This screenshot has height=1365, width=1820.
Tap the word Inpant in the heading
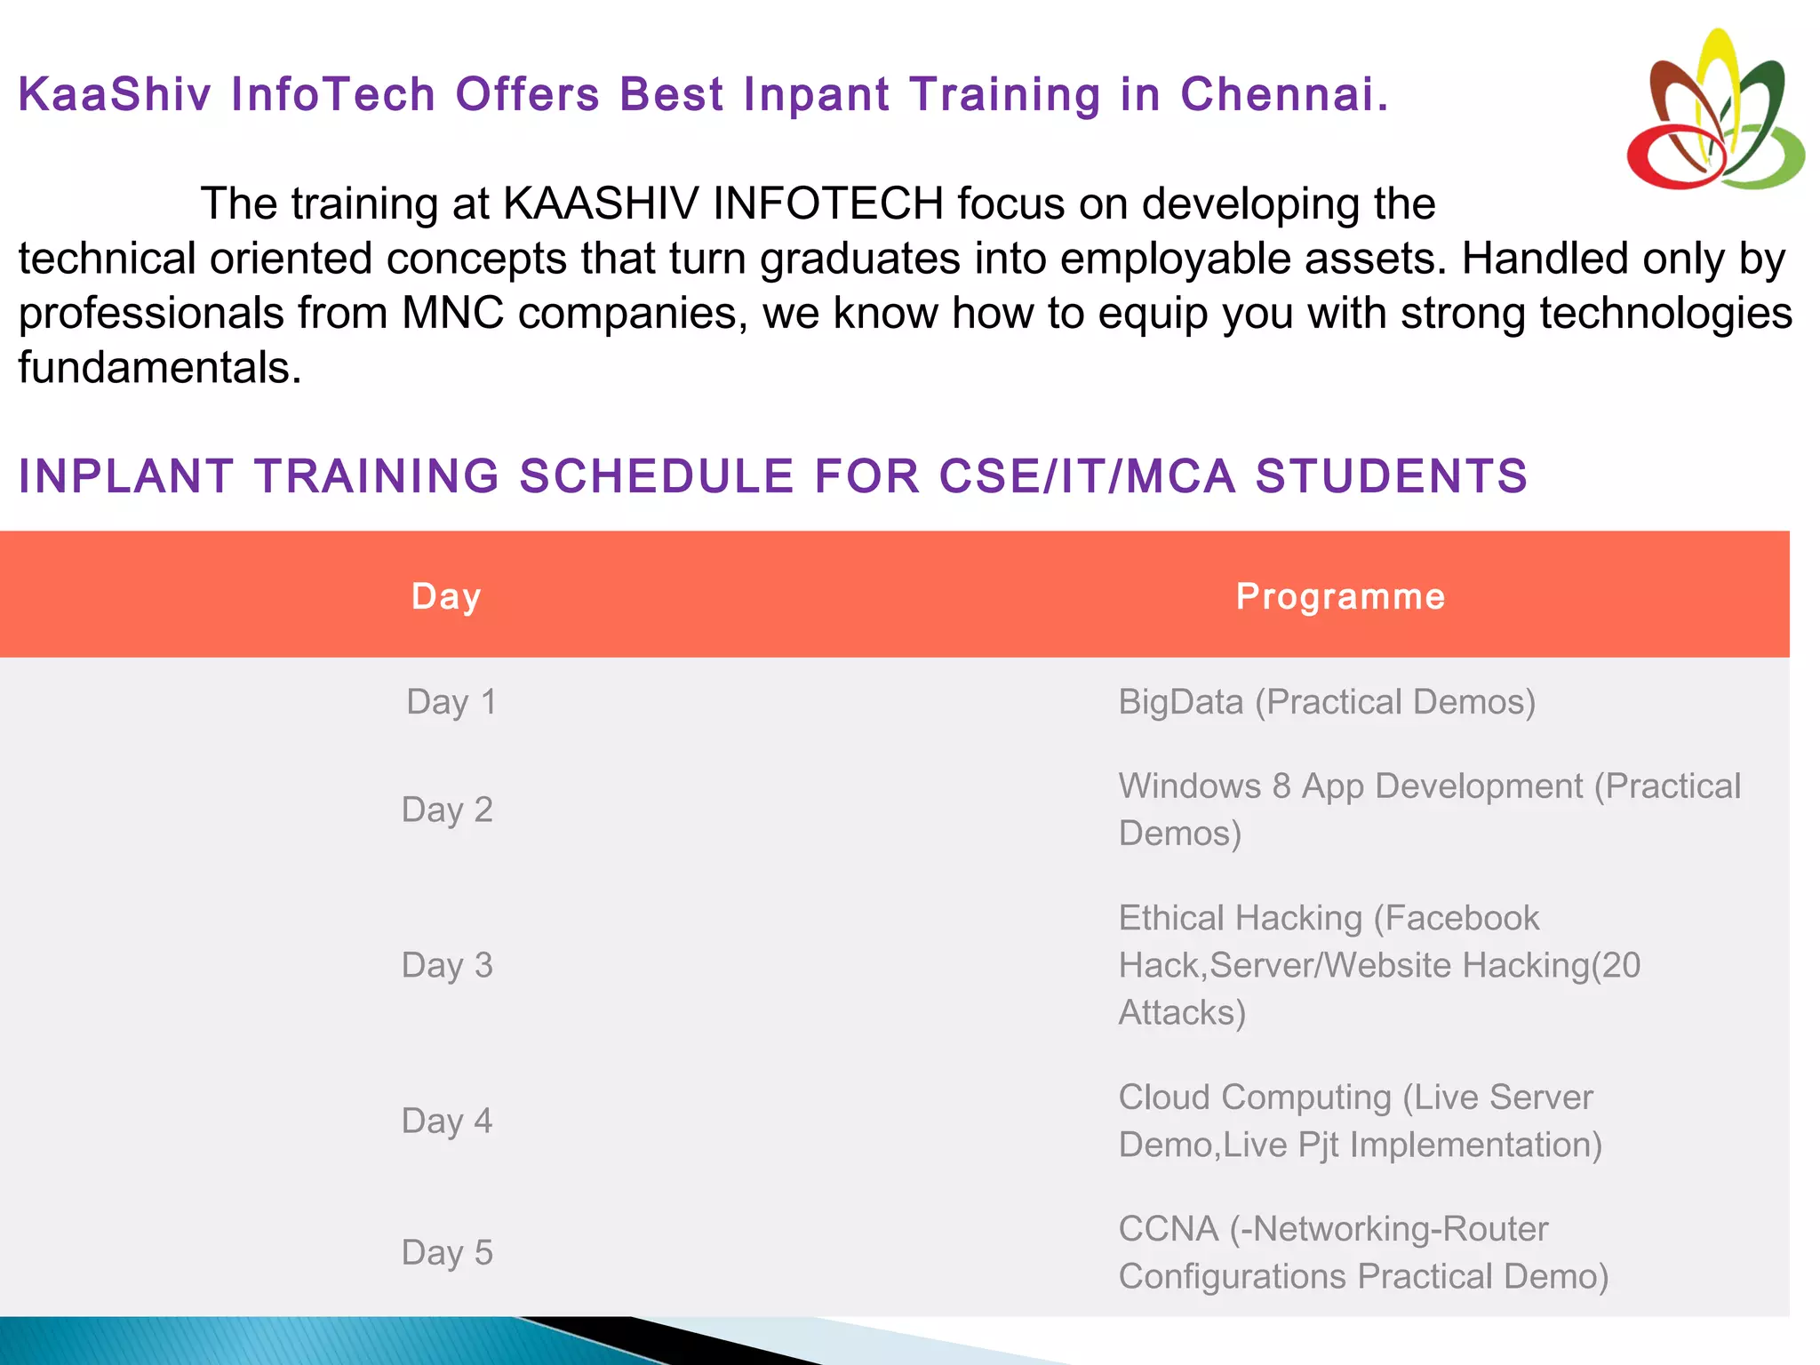click(x=816, y=94)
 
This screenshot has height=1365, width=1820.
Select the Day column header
click(x=446, y=596)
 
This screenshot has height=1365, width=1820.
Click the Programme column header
click(x=1340, y=596)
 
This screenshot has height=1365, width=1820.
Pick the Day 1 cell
click(x=451, y=702)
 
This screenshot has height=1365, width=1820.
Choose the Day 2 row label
click(x=447, y=810)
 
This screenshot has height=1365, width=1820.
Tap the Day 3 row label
click(x=447, y=965)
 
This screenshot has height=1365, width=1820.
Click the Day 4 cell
click(x=447, y=1121)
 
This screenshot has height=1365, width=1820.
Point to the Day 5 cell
click(x=447, y=1252)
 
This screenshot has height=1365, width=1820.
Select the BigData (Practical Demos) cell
click(x=1326, y=702)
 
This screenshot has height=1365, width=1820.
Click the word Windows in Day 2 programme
click(x=1189, y=786)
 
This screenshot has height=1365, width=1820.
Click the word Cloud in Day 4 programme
click(x=1164, y=1098)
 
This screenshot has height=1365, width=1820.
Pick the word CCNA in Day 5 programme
click(x=1168, y=1229)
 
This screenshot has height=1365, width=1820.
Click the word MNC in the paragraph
click(x=452, y=313)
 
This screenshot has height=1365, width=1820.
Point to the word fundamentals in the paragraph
click(x=160, y=368)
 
